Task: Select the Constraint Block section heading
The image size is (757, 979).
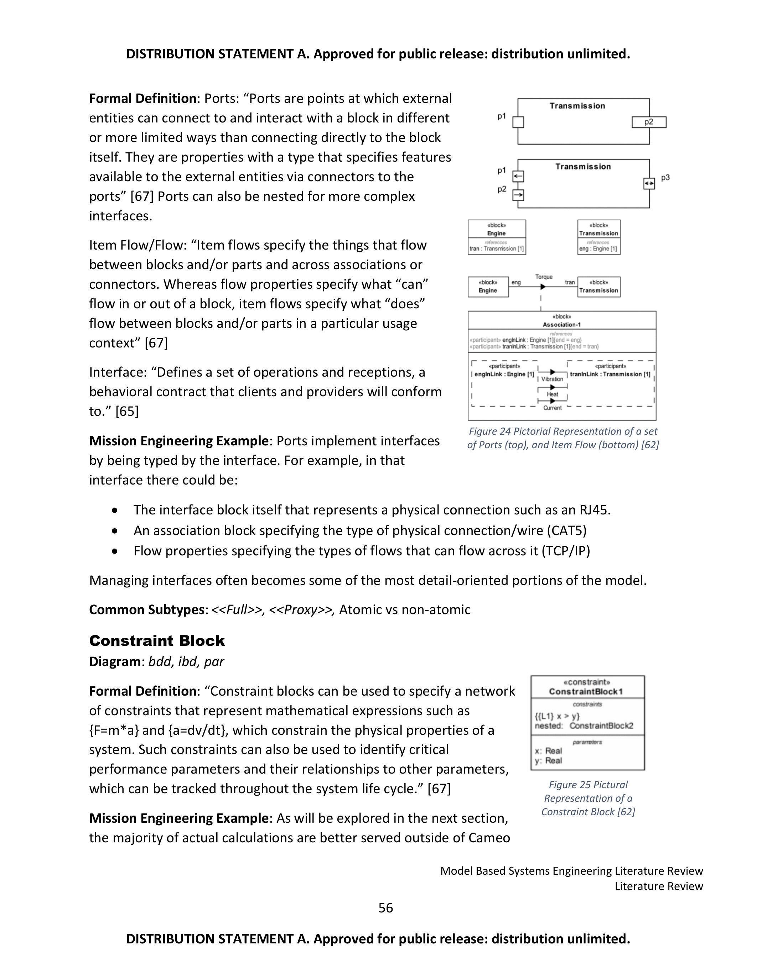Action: [157, 640]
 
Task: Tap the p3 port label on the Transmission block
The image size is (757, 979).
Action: [665, 178]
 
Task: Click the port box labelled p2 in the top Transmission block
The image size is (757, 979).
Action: [649, 122]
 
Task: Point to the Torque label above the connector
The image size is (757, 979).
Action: [544, 277]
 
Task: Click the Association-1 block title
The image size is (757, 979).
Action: [561, 325]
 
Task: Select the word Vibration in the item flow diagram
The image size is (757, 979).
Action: [552, 379]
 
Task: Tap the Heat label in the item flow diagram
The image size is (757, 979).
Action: [553, 394]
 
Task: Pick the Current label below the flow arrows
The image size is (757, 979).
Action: [552, 408]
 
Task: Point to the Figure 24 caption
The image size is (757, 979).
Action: [563, 438]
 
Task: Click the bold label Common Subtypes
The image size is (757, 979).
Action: [147, 609]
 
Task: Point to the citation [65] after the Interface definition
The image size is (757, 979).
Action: [127, 412]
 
